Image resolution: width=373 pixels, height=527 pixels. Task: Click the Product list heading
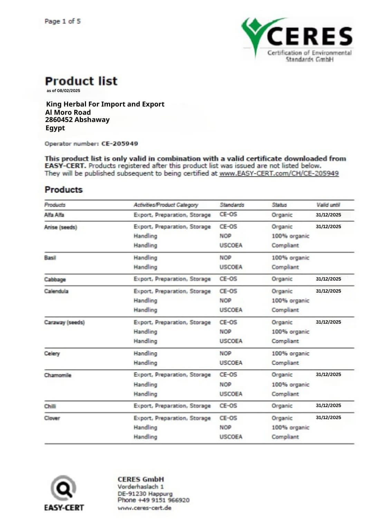[x=81, y=81]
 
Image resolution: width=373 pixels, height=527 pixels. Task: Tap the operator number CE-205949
[x=119, y=144]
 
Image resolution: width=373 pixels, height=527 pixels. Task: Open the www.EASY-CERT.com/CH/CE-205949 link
[x=279, y=173]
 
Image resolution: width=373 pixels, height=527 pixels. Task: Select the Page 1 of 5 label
[x=63, y=21]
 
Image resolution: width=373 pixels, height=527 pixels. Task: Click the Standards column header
[x=232, y=205]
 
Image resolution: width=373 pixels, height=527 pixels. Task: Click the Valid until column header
[x=328, y=205]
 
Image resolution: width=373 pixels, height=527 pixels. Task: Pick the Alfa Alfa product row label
[x=54, y=215]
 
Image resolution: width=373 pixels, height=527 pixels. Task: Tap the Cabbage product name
[x=55, y=279]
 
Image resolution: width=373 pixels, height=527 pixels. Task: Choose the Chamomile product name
[x=58, y=375]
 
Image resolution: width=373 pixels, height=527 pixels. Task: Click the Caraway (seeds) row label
[x=64, y=322]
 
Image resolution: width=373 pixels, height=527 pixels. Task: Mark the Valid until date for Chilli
[x=328, y=406]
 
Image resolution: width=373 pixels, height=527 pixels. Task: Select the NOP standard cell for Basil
[x=225, y=257]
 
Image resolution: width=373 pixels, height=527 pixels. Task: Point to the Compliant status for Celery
[x=285, y=363]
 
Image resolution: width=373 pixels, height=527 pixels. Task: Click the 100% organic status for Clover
[x=290, y=427]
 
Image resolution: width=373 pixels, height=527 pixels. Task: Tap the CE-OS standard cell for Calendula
[x=228, y=291]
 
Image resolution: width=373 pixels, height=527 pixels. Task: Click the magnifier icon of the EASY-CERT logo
[x=64, y=488]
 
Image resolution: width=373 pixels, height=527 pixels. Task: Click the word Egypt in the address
[x=55, y=128]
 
